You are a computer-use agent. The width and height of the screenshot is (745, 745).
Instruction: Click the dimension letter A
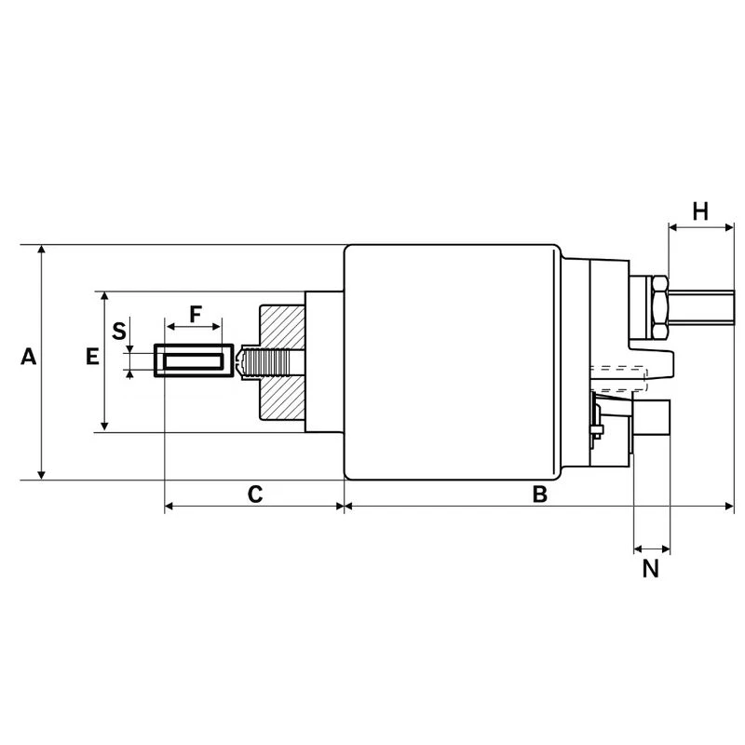[x=29, y=357]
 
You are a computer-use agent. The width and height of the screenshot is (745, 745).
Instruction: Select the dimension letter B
[x=539, y=494]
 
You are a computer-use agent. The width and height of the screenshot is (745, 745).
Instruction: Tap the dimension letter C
[x=254, y=494]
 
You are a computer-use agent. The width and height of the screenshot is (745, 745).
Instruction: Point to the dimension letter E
[x=91, y=357]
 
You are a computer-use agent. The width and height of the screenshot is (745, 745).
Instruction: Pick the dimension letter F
[x=195, y=314]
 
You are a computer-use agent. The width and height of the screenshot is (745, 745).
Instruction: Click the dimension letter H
[x=700, y=211]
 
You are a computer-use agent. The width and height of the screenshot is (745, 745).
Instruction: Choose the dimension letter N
[x=651, y=567]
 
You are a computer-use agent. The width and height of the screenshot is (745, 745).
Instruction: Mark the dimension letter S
[x=118, y=330]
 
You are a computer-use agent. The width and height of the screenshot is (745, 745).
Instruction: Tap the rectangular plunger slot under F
[x=192, y=361]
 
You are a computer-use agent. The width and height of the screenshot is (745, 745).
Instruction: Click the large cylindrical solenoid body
[x=452, y=361]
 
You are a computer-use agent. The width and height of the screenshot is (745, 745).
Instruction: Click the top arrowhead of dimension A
[x=41, y=250]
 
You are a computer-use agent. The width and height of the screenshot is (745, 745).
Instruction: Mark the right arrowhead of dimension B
[x=730, y=507]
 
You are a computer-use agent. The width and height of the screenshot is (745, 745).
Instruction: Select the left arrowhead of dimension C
[x=169, y=507]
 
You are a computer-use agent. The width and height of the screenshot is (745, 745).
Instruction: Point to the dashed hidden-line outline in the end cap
[x=619, y=378]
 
